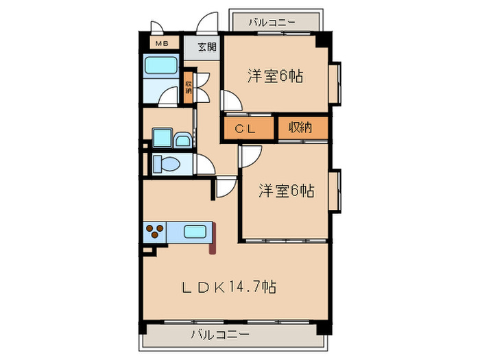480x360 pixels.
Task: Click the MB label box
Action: [x=162, y=45]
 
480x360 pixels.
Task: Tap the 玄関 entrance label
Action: [x=206, y=47]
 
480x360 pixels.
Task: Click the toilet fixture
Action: [x=165, y=163]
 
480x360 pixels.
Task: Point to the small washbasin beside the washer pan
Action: [x=183, y=141]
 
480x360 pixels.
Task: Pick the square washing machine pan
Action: [x=162, y=138]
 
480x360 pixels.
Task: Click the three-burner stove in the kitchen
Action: [x=154, y=232]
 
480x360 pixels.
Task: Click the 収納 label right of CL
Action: [x=301, y=128]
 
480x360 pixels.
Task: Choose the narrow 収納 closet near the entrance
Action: [x=188, y=87]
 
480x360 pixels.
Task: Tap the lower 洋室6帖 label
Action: [x=286, y=190]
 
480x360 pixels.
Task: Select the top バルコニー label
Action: [x=272, y=23]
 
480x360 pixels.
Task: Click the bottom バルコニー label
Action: [x=219, y=335]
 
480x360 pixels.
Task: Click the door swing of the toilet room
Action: [x=204, y=165]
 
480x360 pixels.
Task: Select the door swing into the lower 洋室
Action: [x=248, y=156]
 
